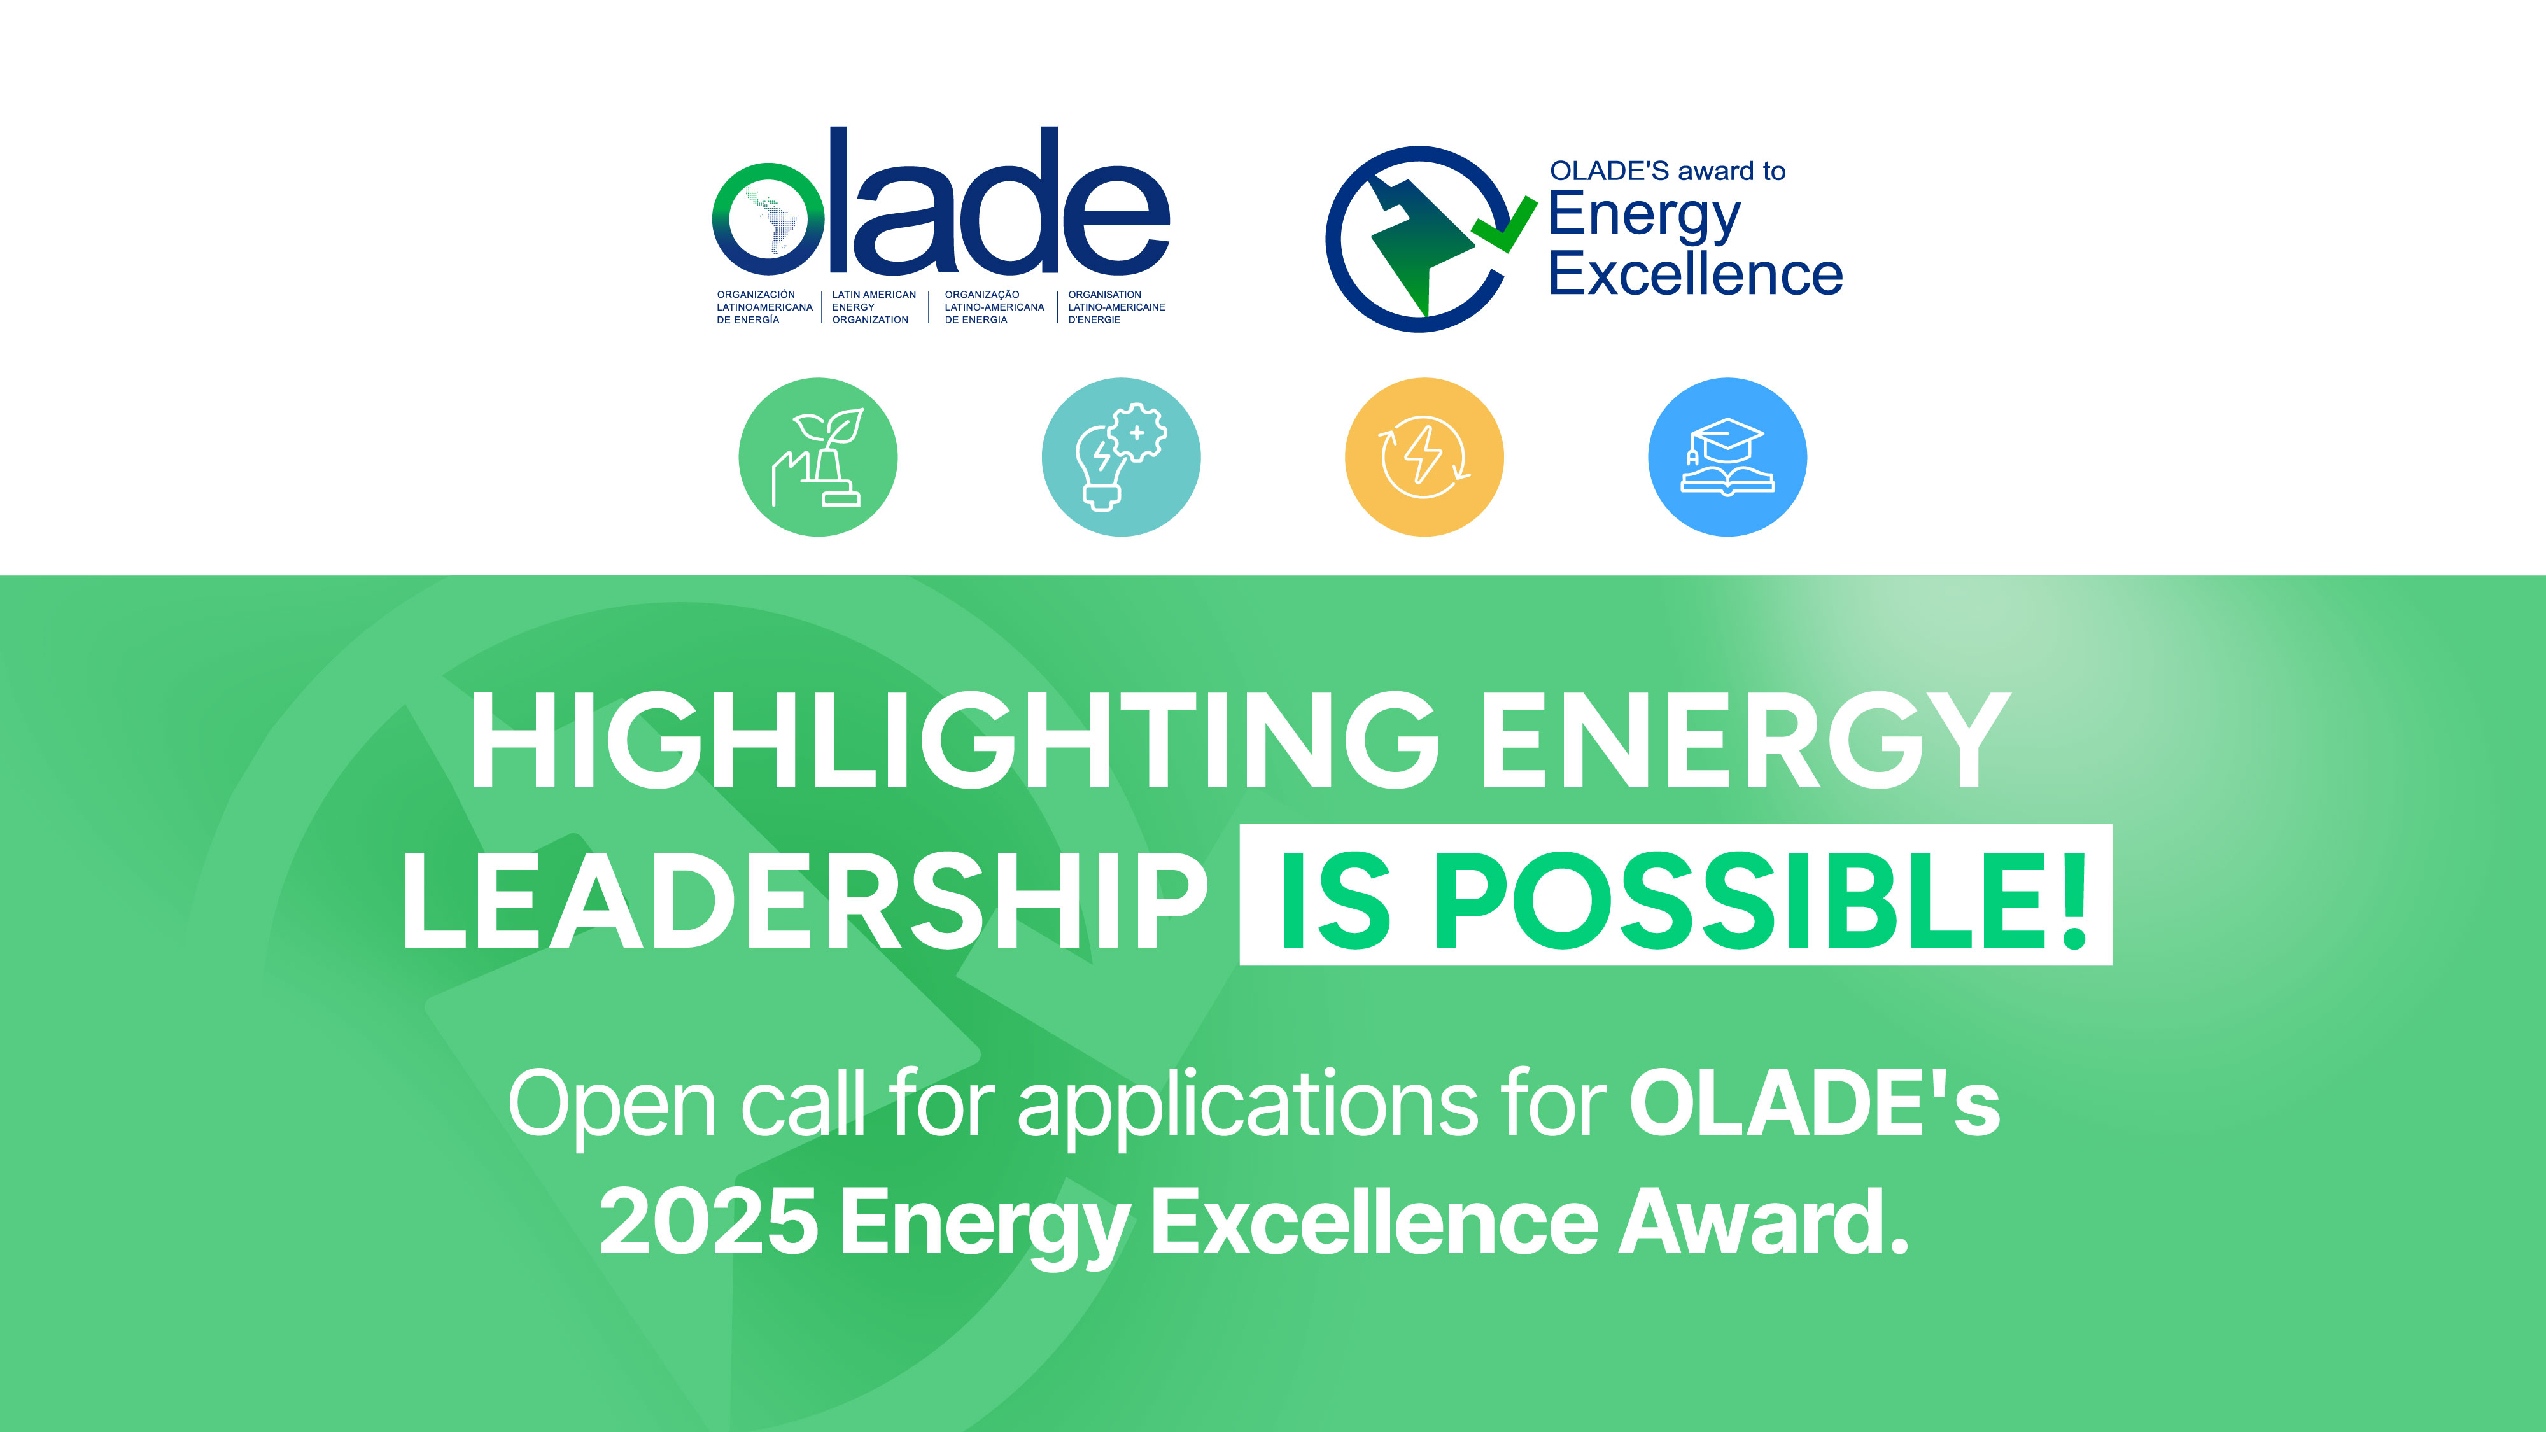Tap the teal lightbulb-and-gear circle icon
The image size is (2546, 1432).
pyautogui.click(x=1121, y=456)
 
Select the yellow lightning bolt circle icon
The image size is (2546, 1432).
pyautogui.click(x=1424, y=456)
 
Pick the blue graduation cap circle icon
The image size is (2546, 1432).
pyautogui.click(x=1727, y=456)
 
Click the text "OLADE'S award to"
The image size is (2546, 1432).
pyautogui.click(x=1668, y=171)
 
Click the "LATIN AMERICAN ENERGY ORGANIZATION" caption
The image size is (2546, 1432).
pyautogui.click(x=874, y=307)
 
